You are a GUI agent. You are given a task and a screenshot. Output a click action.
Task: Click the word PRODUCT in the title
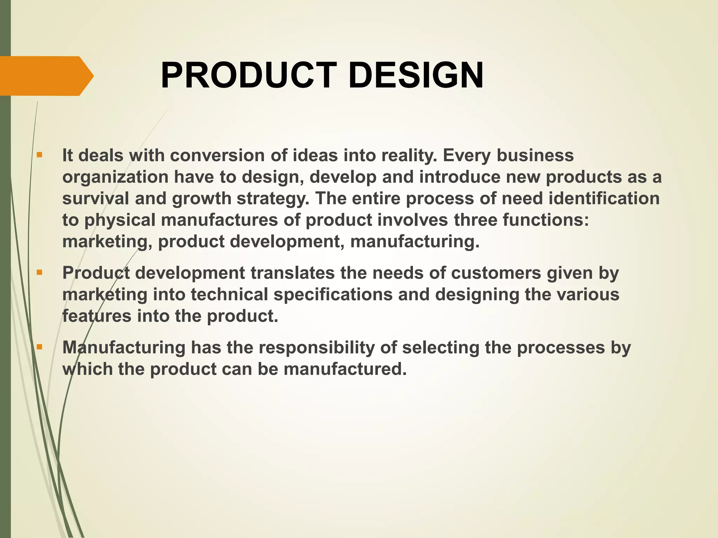click(x=249, y=76)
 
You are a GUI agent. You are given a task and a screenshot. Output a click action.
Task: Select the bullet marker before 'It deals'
click(x=39, y=154)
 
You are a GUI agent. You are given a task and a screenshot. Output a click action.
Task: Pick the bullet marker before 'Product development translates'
click(x=39, y=272)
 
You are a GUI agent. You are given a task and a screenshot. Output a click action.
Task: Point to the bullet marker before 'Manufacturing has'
click(x=39, y=347)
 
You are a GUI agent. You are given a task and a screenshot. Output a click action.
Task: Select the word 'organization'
click(x=115, y=177)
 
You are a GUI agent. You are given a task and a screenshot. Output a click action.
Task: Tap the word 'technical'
click(x=229, y=295)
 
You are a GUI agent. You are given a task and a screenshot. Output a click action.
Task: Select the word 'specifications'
click(x=333, y=295)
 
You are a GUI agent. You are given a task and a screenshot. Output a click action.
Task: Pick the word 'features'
click(x=97, y=316)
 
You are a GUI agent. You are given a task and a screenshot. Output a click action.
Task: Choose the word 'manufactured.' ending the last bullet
click(x=345, y=369)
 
